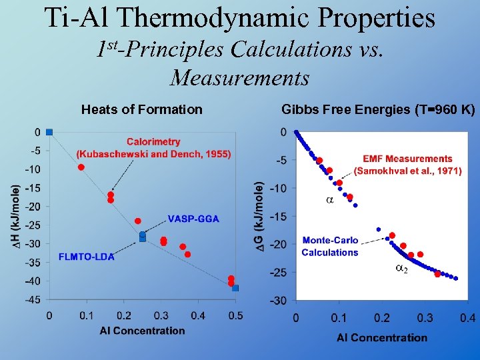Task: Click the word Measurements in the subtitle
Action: pos(239,78)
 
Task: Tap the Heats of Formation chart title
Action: pos(141,109)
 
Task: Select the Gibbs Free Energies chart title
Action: pos(378,109)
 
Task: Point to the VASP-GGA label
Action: pos(193,219)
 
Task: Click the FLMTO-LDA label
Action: pos(86,257)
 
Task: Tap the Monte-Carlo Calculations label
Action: pos(329,246)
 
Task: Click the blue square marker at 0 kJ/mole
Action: pos(49,132)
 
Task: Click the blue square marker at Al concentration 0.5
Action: pos(235,288)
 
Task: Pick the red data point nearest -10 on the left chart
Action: pos(81,167)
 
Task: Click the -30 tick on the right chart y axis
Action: pos(279,301)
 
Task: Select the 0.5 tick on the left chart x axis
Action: pos(235,315)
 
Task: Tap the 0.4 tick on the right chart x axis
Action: pos(467,319)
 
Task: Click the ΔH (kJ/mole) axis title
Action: pos(16,215)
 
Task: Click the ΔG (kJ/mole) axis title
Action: pos(261,217)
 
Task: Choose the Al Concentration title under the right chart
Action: pos(382,337)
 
